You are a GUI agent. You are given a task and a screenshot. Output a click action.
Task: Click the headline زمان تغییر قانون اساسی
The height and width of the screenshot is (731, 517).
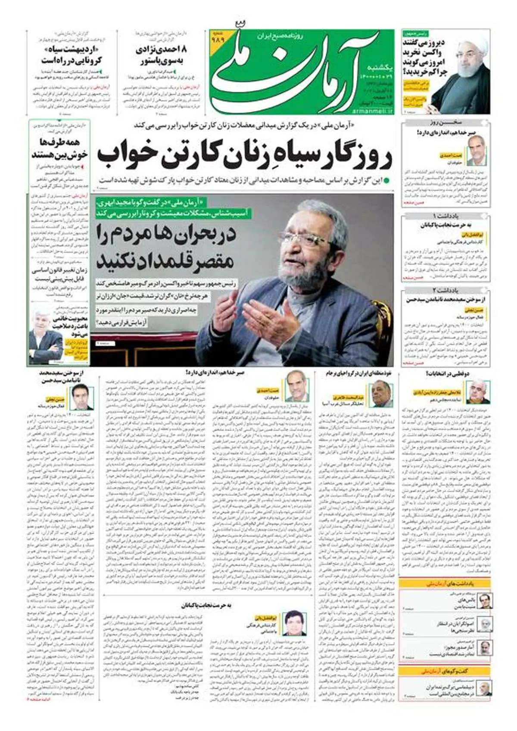pos(60,271)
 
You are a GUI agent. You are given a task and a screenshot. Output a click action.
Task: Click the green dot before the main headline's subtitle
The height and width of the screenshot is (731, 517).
pos(387,180)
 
